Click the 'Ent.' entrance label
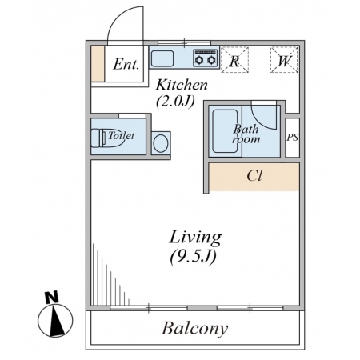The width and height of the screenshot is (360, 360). pyautogui.click(x=126, y=64)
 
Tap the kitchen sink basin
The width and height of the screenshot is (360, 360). pyautogui.click(x=162, y=58)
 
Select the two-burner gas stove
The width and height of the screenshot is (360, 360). pyautogui.click(x=205, y=58)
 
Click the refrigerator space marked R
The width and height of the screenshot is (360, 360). pyautogui.click(x=234, y=60)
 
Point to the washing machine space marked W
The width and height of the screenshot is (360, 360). pyautogui.click(x=284, y=60)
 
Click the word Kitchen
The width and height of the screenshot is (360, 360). pyautogui.click(x=182, y=85)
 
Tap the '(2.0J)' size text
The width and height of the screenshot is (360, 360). pyautogui.click(x=175, y=102)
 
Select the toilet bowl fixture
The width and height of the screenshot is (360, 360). pyautogui.click(x=106, y=138)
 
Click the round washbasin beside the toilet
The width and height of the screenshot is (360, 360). pyautogui.click(x=161, y=143)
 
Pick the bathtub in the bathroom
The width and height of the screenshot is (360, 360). pyautogui.click(x=225, y=131)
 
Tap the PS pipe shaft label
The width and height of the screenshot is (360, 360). pyautogui.click(x=293, y=138)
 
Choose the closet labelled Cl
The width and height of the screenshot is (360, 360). pyautogui.click(x=254, y=177)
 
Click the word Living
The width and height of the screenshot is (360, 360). pyautogui.click(x=195, y=238)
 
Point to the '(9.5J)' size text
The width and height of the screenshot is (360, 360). pyautogui.click(x=193, y=257)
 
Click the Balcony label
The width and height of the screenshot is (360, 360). pyautogui.click(x=195, y=329)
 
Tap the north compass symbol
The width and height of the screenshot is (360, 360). pyautogui.click(x=55, y=319)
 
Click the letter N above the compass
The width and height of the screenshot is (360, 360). pyautogui.click(x=52, y=297)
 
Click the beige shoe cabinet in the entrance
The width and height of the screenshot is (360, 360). pyautogui.click(x=98, y=63)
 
